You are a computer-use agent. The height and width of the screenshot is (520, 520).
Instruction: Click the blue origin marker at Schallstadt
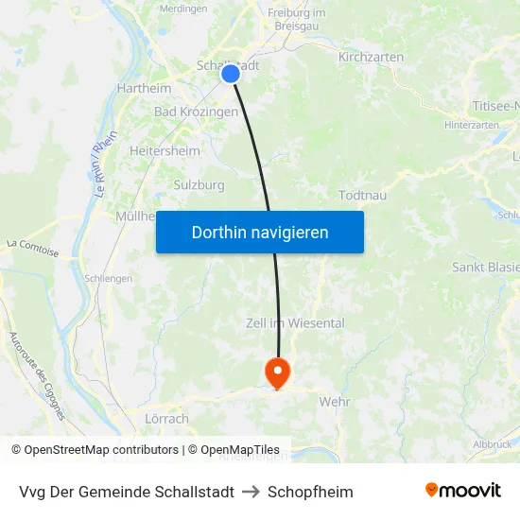pos(230,74)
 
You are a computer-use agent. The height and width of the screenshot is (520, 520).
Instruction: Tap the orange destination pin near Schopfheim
pos(277,371)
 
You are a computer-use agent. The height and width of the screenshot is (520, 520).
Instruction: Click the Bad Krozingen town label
pos(196,112)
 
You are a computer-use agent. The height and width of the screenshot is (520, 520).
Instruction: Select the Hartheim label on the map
pos(144,88)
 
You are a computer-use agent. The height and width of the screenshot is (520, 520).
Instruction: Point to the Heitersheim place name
pos(165,150)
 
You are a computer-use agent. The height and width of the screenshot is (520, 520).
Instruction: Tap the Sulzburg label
pos(199,185)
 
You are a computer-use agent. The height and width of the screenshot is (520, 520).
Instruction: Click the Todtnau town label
pos(362,195)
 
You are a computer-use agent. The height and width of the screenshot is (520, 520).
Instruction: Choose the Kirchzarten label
pos(371,58)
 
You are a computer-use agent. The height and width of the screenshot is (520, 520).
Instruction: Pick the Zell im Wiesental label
pos(295,323)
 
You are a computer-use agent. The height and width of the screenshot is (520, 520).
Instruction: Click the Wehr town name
pos(335,401)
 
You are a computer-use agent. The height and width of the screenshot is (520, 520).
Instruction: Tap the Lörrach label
pos(167,418)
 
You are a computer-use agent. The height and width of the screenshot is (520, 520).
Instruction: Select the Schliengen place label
pos(108,280)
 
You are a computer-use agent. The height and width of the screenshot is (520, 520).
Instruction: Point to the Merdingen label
pos(183,9)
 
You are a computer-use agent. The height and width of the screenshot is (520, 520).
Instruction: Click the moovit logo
pos(463,491)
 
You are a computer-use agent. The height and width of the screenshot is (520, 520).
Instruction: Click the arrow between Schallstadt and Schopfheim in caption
pos(251,492)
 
